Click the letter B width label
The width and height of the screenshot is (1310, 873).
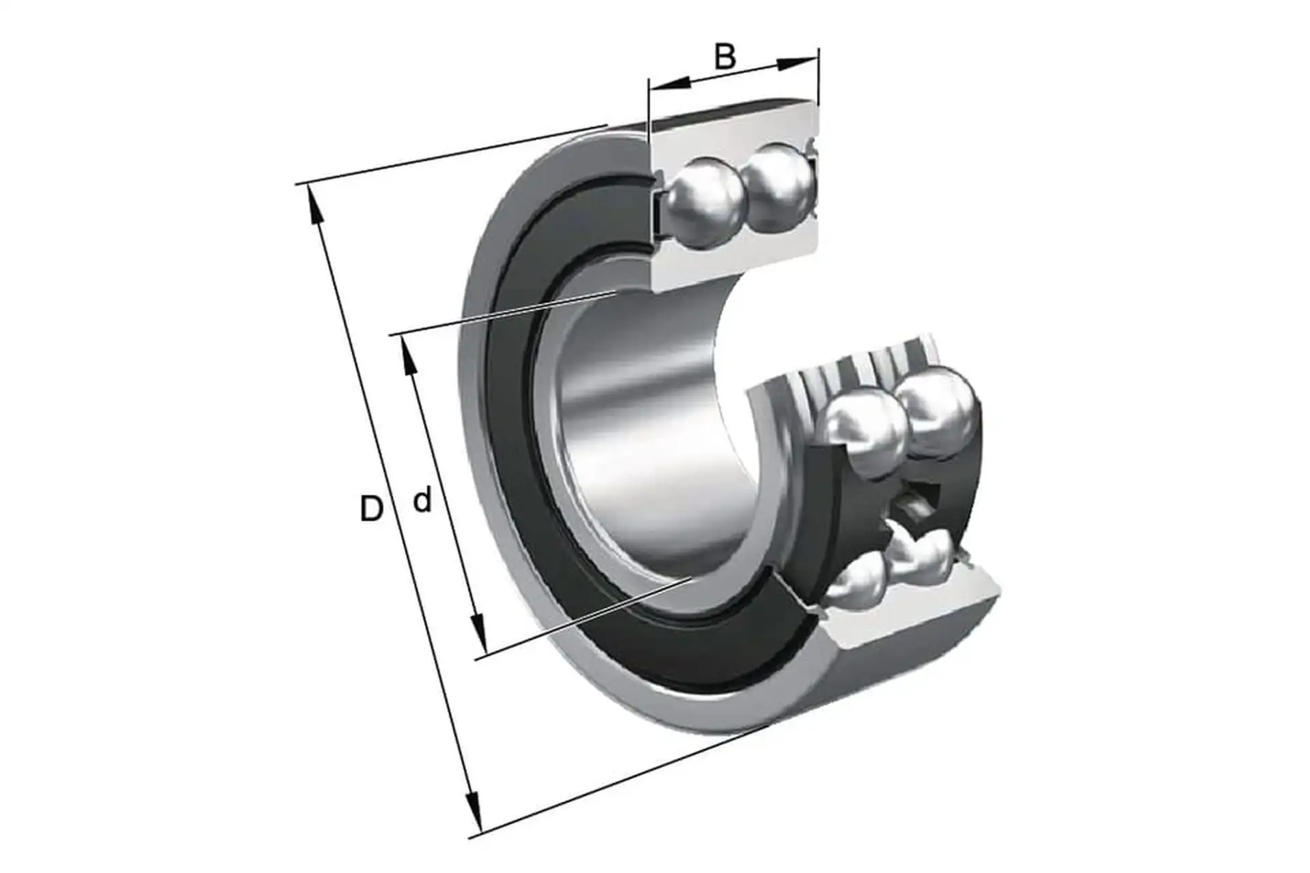(725, 57)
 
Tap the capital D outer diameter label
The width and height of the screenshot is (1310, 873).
(371, 509)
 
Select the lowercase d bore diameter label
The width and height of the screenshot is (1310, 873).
(423, 500)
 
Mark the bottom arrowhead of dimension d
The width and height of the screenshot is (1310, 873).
(478, 634)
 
